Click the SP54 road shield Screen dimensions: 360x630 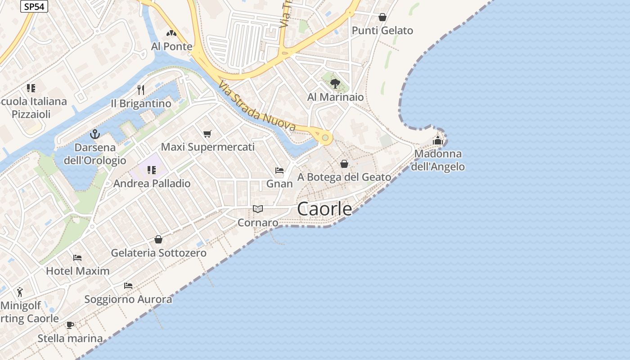tap(34, 7)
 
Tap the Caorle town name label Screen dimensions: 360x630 tap(324, 209)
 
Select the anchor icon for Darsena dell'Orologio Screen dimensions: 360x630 tap(94, 134)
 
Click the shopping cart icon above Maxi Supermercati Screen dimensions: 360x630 tap(207, 134)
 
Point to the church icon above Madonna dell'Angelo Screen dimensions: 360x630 tap(438, 140)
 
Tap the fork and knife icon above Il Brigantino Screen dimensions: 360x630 tap(141, 90)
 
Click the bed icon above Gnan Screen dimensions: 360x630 tap(279, 171)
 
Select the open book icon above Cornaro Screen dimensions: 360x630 tap(257, 209)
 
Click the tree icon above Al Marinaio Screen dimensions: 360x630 tap(335, 83)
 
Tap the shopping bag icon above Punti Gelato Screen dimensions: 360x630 tap(382, 17)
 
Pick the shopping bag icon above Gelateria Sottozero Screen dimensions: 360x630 tap(158, 239)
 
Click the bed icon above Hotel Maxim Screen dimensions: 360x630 tap(77, 258)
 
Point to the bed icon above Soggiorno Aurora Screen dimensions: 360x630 tap(128, 286)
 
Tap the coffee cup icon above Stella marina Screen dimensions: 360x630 tap(70, 325)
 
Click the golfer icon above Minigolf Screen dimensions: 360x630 tap(20, 292)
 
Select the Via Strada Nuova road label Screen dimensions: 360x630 tap(257, 106)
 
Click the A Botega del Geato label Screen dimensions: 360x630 tap(344, 177)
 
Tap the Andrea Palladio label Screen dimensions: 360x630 tap(152, 184)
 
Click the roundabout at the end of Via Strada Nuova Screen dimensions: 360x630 tap(325, 137)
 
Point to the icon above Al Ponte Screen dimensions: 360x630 tap(171, 33)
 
